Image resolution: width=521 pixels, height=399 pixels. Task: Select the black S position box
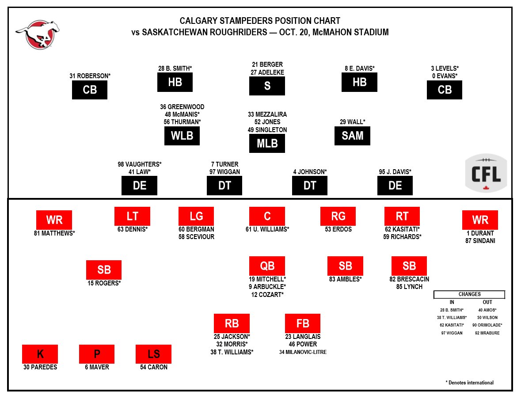(267, 86)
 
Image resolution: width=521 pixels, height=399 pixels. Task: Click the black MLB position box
(267, 144)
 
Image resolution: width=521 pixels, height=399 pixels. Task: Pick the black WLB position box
(182, 136)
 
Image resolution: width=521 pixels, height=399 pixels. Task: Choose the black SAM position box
(352, 136)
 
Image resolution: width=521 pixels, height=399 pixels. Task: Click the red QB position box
(267, 266)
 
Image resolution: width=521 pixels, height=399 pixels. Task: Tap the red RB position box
(232, 323)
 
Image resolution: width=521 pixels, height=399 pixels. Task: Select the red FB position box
(303, 323)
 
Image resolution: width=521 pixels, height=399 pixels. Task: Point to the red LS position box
(153, 354)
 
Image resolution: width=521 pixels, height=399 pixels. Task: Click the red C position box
(267, 216)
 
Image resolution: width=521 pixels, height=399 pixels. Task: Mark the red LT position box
(132, 216)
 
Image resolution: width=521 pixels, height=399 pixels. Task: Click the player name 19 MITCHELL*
(267, 279)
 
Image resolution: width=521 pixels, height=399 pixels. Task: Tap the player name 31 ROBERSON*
(90, 76)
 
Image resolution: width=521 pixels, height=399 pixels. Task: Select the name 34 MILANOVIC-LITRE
(303, 352)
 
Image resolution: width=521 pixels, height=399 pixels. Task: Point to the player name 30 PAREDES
(40, 367)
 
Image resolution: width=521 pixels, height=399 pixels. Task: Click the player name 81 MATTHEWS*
(54, 233)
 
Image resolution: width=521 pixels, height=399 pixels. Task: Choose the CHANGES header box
(469, 294)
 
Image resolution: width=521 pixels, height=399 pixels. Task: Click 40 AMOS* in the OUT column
(487, 310)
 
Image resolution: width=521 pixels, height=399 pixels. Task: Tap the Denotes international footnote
(469, 383)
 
